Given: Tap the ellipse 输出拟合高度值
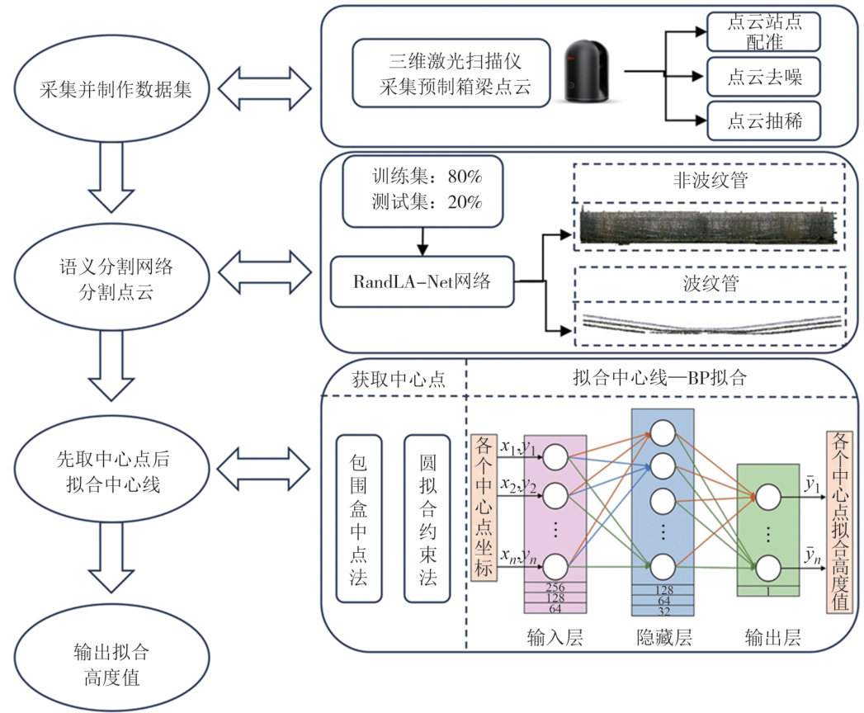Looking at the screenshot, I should tap(116, 666).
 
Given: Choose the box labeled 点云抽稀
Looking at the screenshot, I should tap(765, 122).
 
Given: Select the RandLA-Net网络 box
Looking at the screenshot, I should tap(422, 282).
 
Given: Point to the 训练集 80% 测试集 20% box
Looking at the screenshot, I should tap(423, 189).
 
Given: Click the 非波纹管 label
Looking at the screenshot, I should tap(710, 180).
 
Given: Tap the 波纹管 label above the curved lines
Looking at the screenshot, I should tap(711, 285).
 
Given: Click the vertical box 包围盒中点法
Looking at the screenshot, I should tap(359, 517).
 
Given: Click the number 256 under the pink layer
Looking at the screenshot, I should tap(555, 587).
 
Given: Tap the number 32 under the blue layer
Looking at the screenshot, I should tap(663, 611).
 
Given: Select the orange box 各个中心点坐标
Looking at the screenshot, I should tap(484, 504).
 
